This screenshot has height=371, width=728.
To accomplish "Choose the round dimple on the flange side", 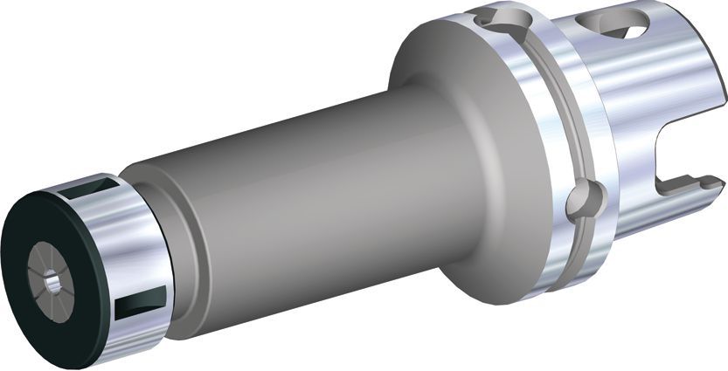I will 580,202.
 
